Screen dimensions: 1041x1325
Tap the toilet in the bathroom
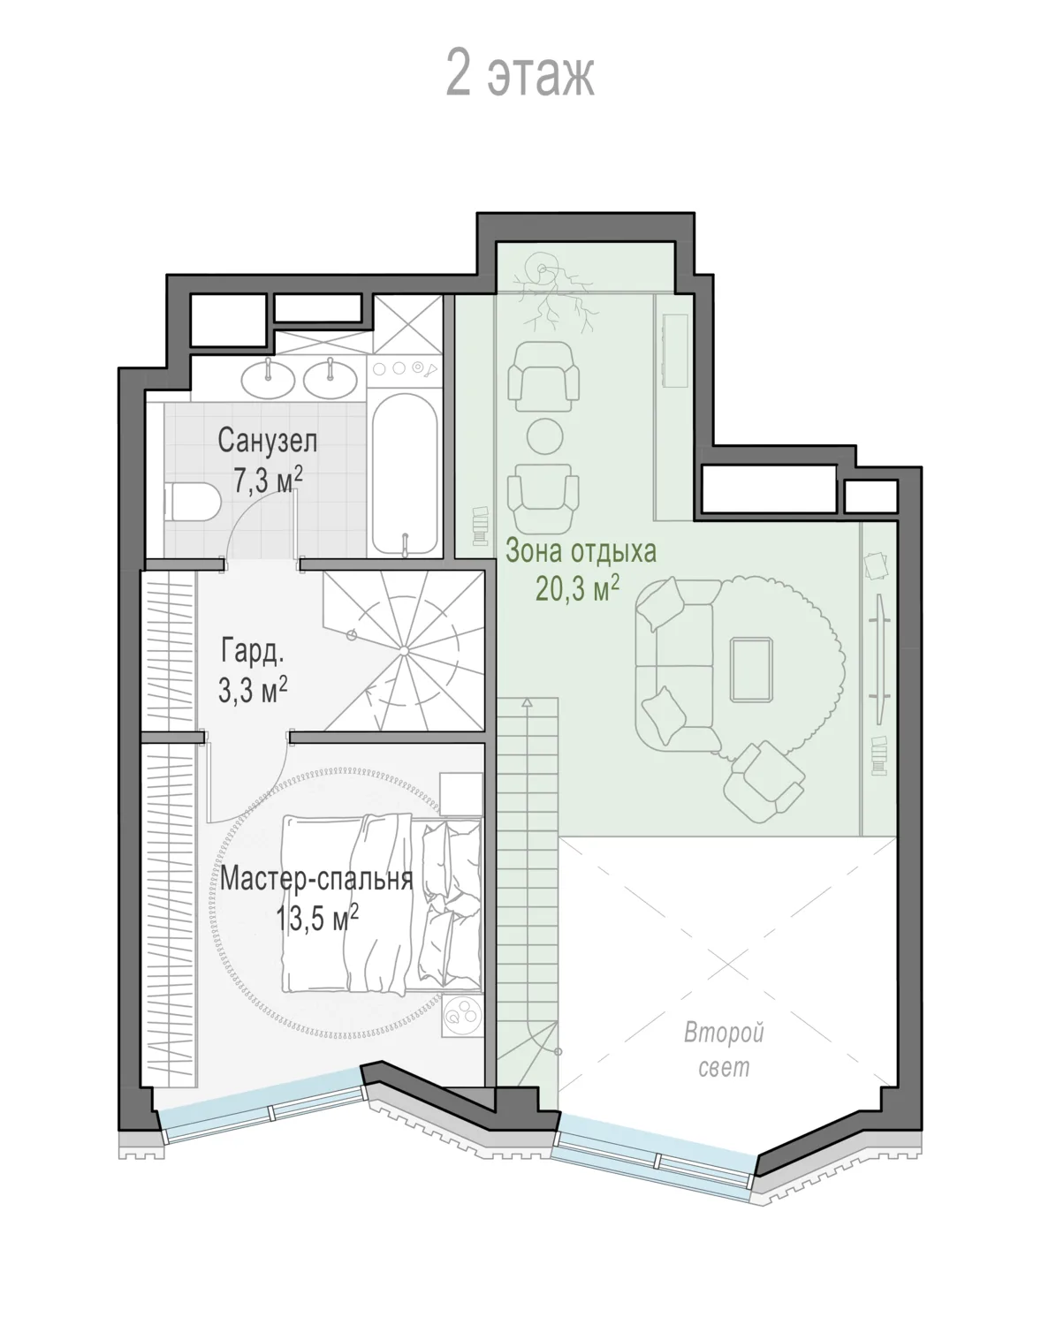(x=193, y=501)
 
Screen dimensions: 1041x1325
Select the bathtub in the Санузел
(x=405, y=473)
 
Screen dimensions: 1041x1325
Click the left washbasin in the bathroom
(x=268, y=379)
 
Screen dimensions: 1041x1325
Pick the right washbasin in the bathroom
(x=331, y=379)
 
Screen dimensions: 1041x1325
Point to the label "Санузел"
(x=268, y=441)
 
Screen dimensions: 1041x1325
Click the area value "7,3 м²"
(x=268, y=481)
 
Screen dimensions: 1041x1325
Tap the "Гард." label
(x=253, y=651)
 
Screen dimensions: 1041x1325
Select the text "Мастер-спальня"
(x=316, y=879)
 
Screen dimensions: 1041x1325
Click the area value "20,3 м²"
(x=578, y=588)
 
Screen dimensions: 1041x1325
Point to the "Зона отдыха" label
(x=581, y=551)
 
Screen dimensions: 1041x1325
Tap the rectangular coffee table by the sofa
(x=751, y=669)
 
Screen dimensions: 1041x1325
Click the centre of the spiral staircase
(x=404, y=651)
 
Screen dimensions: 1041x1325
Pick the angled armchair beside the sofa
(x=764, y=781)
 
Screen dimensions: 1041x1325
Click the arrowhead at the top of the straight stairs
(x=527, y=702)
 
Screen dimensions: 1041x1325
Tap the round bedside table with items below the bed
(x=461, y=1014)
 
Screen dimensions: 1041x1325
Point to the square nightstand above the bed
(x=461, y=794)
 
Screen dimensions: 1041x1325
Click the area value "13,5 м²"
(x=316, y=919)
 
